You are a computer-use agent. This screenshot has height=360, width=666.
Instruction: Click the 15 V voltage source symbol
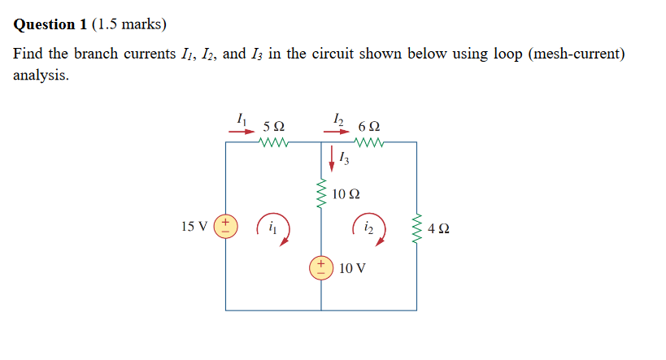point(226,225)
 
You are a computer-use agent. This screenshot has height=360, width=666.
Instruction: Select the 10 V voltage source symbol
point(320,267)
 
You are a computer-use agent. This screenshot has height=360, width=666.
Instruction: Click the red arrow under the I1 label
point(242,128)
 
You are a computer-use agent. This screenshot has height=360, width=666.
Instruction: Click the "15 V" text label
point(194,225)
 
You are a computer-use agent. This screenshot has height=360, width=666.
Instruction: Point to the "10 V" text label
point(353,267)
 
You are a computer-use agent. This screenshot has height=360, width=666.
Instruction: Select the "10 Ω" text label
point(346,195)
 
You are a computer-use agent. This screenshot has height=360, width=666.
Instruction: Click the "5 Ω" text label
point(274,127)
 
